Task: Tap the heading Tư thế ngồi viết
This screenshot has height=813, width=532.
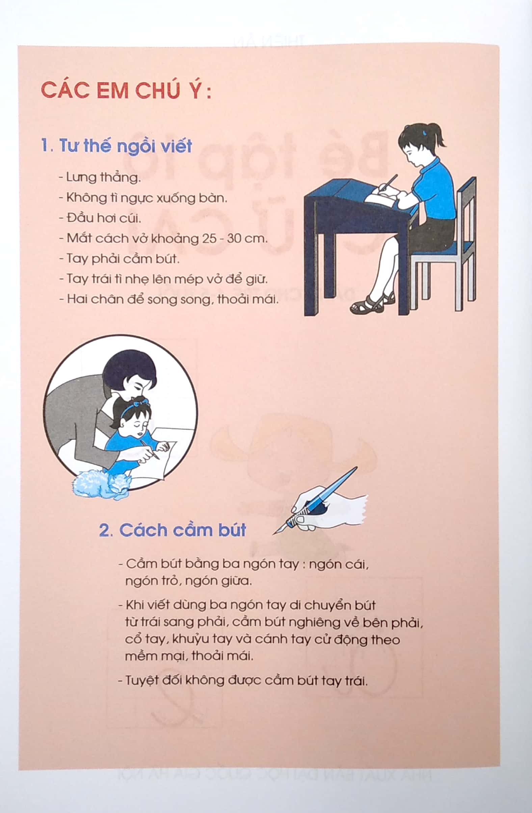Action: (x=116, y=146)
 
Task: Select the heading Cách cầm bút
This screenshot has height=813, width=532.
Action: (x=172, y=530)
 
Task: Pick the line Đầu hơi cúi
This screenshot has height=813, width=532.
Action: (x=100, y=218)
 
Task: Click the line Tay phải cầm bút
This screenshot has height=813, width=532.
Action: (x=119, y=259)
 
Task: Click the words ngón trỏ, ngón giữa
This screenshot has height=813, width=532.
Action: (x=188, y=581)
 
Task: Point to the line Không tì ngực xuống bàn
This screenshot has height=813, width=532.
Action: (x=143, y=198)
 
